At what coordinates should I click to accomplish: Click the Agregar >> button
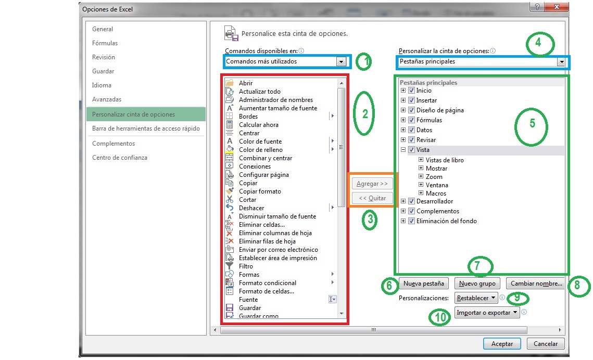tap(372, 184)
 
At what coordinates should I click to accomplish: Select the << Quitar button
tap(372, 198)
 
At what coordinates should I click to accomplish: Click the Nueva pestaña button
tap(424, 284)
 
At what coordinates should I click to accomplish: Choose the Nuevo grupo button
tap(477, 284)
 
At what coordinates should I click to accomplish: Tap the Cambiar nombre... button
tap(536, 284)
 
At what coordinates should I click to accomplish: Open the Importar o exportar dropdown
tap(487, 312)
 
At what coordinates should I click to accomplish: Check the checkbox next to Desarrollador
tap(411, 201)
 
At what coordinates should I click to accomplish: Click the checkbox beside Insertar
tap(411, 100)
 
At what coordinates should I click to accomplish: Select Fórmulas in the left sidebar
tap(105, 43)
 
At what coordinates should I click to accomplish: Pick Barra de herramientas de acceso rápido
tap(146, 128)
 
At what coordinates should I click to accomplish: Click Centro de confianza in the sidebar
tap(120, 158)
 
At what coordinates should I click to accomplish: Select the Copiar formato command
tap(260, 191)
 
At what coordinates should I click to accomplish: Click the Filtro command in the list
tap(246, 266)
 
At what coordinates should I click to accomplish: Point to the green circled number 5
tap(532, 125)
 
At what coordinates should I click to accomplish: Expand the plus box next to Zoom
tap(421, 177)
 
